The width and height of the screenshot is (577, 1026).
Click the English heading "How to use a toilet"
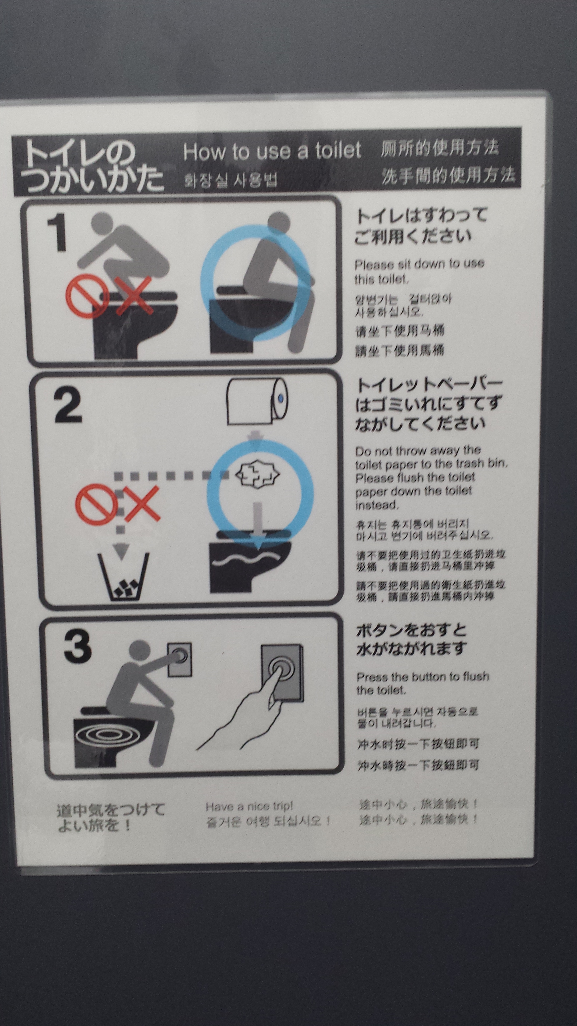[272, 151]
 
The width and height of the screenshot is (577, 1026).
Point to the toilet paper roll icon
[257, 401]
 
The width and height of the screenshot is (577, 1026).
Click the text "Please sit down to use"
[419, 264]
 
